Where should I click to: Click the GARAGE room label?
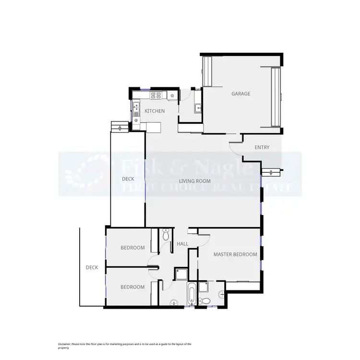click(240, 94)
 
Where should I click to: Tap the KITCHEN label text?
click(155, 111)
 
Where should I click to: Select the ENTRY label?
click(262, 147)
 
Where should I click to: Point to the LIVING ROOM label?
click(194, 181)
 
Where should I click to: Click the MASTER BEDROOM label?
click(235, 254)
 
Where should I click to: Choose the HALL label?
click(182, 244)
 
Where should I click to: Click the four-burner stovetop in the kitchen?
click(156, 96)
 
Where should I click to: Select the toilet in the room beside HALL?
click(166, 235)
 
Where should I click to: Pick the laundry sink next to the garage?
click(197, 108)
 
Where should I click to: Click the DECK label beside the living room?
click(128, 179)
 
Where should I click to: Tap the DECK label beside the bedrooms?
click(92, 267)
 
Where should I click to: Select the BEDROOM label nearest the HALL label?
click(132, 248)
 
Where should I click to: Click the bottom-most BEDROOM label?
click(132, 287)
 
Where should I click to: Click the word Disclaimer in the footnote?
click(64, 344)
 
